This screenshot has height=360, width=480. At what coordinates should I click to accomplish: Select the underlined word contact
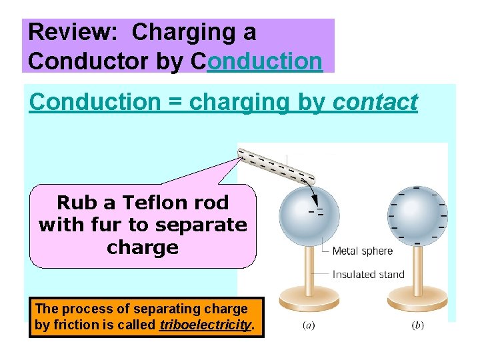tap(375, 102)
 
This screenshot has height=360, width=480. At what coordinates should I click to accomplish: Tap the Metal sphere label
tap(362, 251)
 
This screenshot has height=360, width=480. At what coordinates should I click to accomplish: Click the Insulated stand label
tap(368, 274)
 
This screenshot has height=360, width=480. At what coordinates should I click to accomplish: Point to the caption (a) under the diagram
tap(309, 325)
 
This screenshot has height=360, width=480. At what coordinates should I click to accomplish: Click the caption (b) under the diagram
tap(417, 325)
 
